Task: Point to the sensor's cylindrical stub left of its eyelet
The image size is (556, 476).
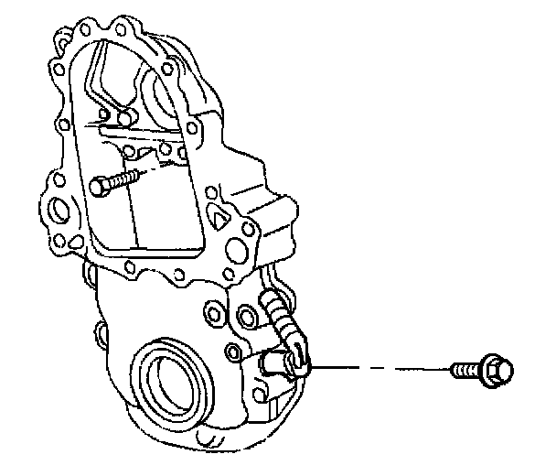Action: pos(267,363)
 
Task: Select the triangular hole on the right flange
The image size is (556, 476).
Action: pos(221,218)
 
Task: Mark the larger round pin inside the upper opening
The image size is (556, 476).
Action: pos(124,117)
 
